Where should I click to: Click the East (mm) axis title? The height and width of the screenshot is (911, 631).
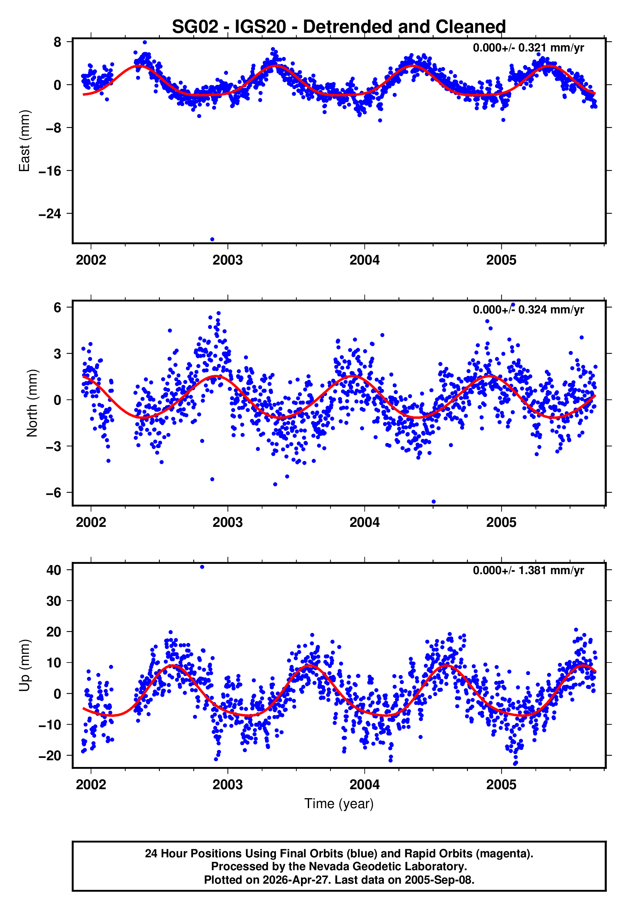coord(24,141)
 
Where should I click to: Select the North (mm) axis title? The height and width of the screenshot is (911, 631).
coord(32,403)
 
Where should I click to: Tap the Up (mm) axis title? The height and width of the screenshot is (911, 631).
coord(24,665)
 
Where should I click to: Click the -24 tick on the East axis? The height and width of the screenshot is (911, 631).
coord(50,214)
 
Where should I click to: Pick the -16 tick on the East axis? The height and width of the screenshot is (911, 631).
coord(50,171)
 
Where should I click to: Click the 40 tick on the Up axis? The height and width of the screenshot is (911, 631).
coord(54,570)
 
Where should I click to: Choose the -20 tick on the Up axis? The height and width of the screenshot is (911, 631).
coord(50,755)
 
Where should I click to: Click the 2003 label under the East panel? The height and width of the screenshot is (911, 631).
coord(227,260)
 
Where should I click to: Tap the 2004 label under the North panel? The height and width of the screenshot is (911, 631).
coord(364,523)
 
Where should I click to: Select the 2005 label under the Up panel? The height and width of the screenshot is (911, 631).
coord(501,785)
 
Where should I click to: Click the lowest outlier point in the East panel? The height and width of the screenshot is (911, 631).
coord(212,239)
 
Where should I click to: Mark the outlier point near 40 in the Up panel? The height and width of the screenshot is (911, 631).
coord(202,567)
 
